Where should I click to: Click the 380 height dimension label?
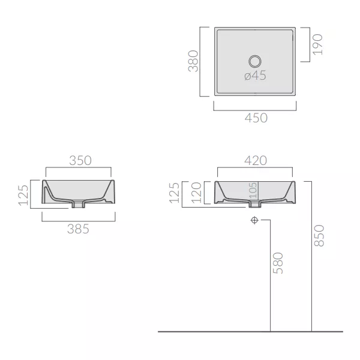click(x=193, y=61)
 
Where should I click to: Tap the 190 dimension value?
click(x=318, y=44)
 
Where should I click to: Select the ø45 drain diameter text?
click(x=256, y=76)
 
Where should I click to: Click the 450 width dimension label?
click(x=256, y=118)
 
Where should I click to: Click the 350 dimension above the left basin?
click(x=80, y=160)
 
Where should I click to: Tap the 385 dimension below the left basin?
click(x=78, y=229)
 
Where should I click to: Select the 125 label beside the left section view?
click(x=23, y=195)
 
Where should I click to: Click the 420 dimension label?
click(x=256, y=160)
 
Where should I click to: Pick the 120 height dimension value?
click(x=196, y=193)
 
